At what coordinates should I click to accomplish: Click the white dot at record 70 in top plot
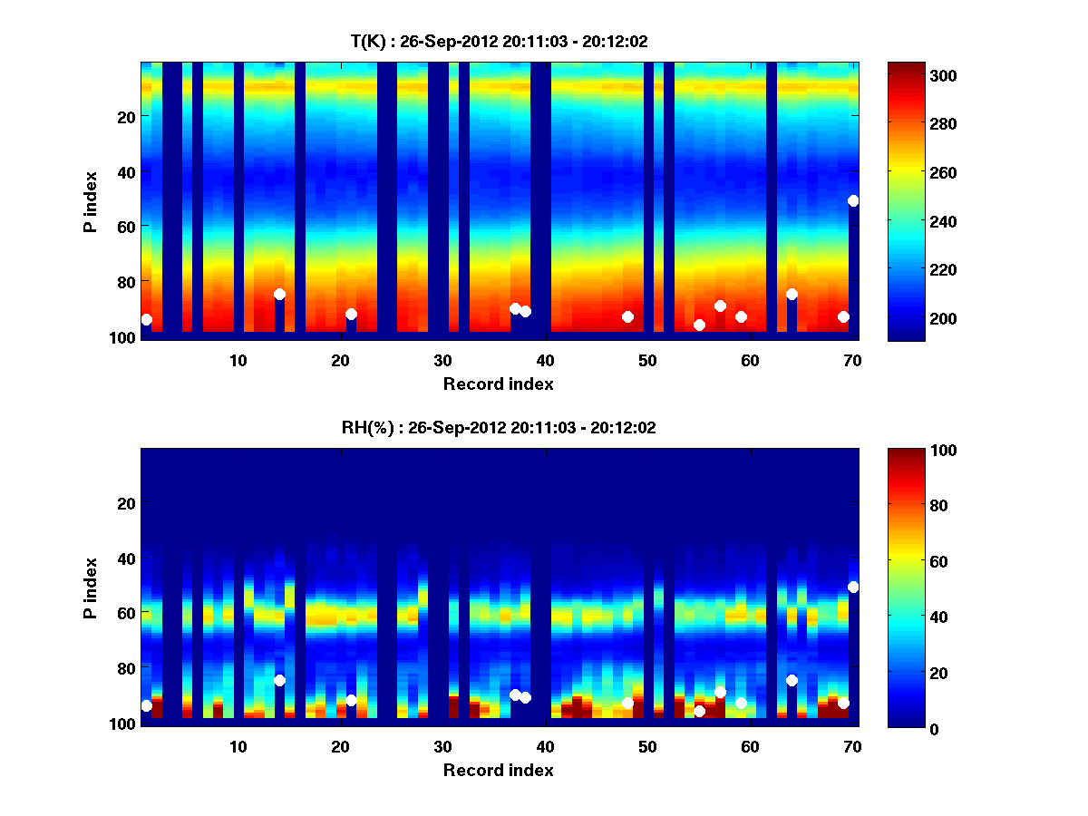coord(853,200)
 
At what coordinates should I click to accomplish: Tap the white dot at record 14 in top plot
coord(279,294)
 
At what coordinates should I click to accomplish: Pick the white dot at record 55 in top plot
coord(699,325)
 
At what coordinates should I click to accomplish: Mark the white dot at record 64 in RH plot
coord(792,680)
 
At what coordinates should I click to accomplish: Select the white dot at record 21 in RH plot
coord(351,700)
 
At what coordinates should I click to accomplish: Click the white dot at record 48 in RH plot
coord(627,703)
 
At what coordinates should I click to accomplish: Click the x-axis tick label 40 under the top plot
coord(545,360)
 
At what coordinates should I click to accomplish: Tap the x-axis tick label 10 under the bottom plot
coord(238,746)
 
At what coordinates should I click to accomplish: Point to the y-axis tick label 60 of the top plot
coord(125,226)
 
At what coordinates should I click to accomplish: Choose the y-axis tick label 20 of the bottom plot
coord(125,503)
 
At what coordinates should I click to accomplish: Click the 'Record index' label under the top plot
coord(499,384)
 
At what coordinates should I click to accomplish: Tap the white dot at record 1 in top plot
coord(146,319)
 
